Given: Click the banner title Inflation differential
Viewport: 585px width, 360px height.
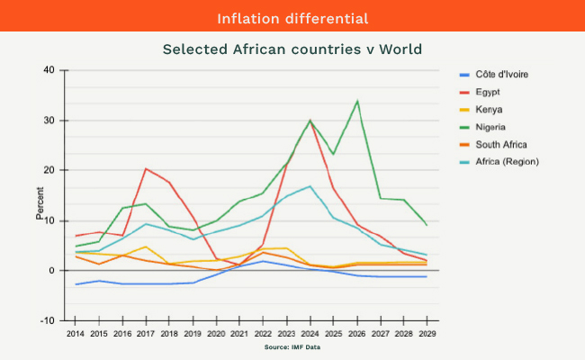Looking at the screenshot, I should click(x=292, y=18).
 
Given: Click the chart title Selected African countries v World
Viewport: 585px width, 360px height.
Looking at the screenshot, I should click(x=292, y=49).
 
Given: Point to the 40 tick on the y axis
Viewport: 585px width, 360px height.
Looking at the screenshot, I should click(x=49, y=70).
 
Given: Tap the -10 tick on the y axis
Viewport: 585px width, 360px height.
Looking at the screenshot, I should click(x=48, y=320).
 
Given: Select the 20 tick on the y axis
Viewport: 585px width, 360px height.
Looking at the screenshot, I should click(x=49, y=170).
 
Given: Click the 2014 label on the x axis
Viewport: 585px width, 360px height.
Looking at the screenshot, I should click(x=76, y=333).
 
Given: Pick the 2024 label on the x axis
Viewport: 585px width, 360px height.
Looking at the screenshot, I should click(x=310, y=333).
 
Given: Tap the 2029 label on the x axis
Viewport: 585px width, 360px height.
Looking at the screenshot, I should click(x=427, y=333).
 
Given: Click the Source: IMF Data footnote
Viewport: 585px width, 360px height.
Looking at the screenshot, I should click(x=292, y=346).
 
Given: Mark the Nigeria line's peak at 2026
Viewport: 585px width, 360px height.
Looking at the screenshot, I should click(x=357, y=101).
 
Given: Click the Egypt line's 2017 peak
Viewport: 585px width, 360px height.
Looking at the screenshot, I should click(x=146, y=168).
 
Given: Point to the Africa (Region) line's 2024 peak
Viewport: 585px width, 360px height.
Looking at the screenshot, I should click(x=310, y=186).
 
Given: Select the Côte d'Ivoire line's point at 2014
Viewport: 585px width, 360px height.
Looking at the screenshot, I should click(x=76, y=284).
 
